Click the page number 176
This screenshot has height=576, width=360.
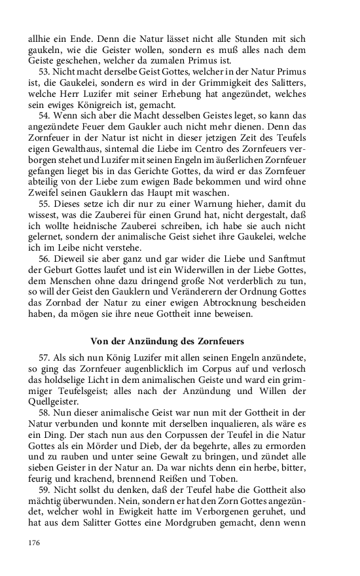click(x=35, y=543)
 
